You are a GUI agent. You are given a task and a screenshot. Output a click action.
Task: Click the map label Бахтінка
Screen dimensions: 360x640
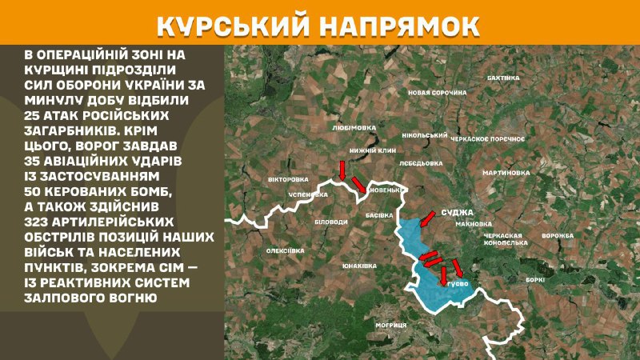[x=503, y=78]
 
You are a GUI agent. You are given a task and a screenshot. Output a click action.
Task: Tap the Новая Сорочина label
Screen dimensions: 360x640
[x=437, y=93]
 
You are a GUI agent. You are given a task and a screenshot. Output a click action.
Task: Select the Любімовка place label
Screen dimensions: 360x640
[x=353, y=126]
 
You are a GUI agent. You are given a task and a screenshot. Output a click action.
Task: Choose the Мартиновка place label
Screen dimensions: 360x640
[x=506, y=173]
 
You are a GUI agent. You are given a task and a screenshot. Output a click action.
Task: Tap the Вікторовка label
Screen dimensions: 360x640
[x=288, y=179]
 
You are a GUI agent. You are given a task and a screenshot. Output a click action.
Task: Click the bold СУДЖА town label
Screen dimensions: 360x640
[x=457, y=213]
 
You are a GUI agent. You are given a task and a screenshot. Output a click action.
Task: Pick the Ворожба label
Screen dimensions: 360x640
[x=557, y=236]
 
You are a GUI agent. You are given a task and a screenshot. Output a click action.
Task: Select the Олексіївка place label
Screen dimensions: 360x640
[x=286, y=251]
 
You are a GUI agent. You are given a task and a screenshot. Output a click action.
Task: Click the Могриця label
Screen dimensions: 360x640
[x=391, y=325]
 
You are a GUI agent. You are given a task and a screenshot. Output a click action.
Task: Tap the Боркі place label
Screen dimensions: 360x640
[x=535, y=279]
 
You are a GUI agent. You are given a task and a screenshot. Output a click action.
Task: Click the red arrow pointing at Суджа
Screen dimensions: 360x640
[x=426, y=218]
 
